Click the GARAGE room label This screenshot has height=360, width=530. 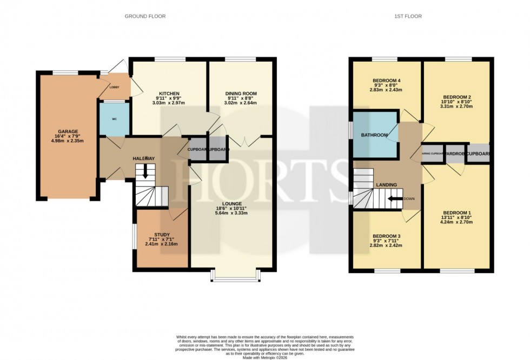(69, 131)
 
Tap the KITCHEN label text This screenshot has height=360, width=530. (169, 93)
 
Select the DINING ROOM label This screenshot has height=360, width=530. (241, 93)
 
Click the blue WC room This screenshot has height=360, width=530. (114, 118)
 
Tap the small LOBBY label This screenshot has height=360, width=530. (114, 87)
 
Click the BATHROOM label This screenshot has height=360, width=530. (374, 135)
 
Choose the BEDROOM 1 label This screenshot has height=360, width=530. (456, 212)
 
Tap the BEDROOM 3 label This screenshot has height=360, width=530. (387, 236)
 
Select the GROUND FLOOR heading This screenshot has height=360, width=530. (145, 16)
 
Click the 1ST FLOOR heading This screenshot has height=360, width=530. (408, 16)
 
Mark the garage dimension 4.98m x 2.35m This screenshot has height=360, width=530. (69, 143)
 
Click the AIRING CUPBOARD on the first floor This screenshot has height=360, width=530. (433, 154)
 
